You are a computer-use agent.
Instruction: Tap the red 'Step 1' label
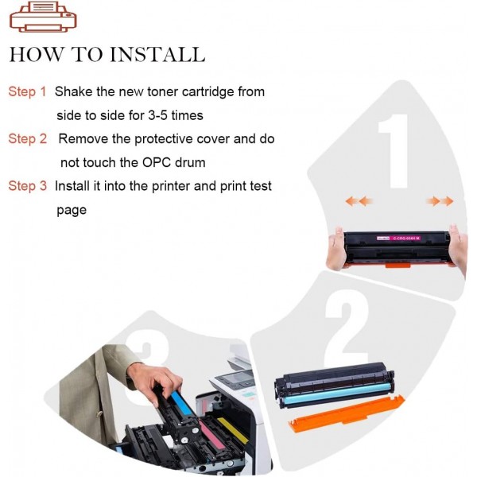(27, 92)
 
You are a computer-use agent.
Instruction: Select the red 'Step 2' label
(27, 139)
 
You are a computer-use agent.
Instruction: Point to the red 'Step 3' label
(27, 186)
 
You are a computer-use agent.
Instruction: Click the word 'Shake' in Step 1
(74, 92)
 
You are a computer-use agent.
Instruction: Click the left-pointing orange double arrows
(359, 201)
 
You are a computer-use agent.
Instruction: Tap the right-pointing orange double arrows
(439, 201)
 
